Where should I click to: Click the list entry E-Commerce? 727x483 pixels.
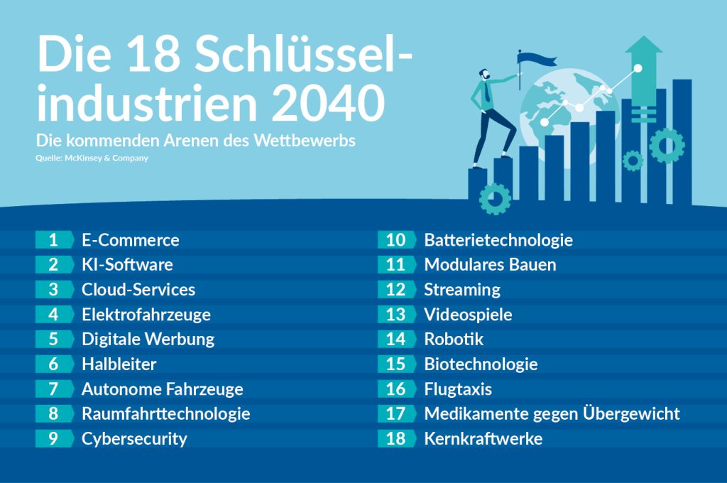(x=130, y=240)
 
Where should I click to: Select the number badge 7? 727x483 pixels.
(x=53, y=389)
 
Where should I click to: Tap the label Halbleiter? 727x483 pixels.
(x=119, y=364)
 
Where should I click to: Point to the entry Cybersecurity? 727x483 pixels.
(x=134, y=439)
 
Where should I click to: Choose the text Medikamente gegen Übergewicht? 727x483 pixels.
(x=552, y=413)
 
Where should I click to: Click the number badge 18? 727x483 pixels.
(x=395, y=439)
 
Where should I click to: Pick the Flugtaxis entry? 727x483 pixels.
(x=458, y=389)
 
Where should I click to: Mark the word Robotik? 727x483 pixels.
(x=454, y=340)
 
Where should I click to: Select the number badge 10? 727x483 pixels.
(x=395, y=240)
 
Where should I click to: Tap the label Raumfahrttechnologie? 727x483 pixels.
(x=165, y=413)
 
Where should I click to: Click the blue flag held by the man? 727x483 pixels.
(x=532, y=56)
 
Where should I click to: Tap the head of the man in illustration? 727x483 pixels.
(x=484, y=75)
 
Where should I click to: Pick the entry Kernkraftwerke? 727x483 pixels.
(x=483, y=439)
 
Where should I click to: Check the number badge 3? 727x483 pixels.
(x=53, y=290)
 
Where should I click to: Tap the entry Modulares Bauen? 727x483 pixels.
(x=490, y=265)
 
